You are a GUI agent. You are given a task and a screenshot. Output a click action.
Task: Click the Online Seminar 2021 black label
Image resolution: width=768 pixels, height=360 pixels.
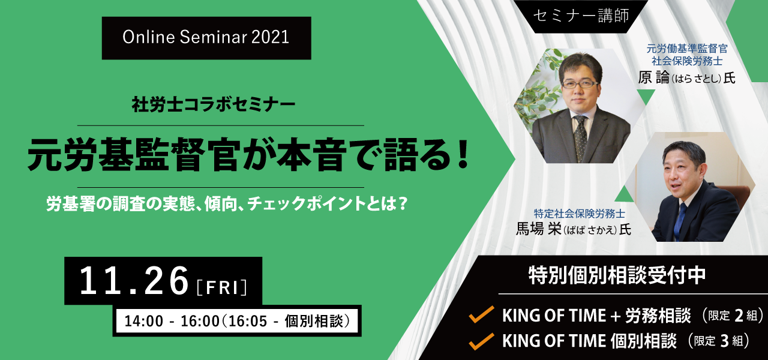click(x=206, y=38)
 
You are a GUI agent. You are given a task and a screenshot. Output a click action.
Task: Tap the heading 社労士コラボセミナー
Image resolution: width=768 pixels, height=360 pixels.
click(x=213, y=104)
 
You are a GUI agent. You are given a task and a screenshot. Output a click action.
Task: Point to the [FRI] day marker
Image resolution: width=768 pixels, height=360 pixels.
click(x=222, y=287)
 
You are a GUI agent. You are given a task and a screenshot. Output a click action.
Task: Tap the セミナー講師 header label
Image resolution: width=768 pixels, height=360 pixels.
click(x=581, y=16)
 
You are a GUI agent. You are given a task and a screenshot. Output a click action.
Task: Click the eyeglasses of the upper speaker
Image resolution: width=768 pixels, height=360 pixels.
click(x=579, y=83)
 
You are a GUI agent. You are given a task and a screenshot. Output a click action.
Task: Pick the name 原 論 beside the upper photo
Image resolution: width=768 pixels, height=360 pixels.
click(x=653, y=78)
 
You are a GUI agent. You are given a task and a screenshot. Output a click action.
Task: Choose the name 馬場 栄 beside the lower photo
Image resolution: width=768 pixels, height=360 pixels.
click(x=538, y=229)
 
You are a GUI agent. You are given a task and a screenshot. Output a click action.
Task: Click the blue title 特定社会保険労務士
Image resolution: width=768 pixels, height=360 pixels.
click(x=580, y=214)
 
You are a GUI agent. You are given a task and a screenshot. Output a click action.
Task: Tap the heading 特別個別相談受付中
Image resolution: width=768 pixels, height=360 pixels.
click(x=617, y=275)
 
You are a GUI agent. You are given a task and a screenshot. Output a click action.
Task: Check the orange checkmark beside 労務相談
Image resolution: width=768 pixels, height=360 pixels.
click(x=481, y=314)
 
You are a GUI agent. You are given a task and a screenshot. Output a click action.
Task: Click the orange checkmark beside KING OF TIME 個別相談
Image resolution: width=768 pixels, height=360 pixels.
click(x=481, y=341)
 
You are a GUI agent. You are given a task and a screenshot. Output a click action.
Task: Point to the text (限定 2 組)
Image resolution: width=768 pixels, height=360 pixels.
click(x=733, y=316)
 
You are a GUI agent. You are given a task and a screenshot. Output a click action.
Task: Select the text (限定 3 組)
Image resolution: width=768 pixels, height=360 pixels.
click(x=718, y=341)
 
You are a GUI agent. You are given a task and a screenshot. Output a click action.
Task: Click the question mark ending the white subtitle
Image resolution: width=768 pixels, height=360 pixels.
click(x=403, y=203)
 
